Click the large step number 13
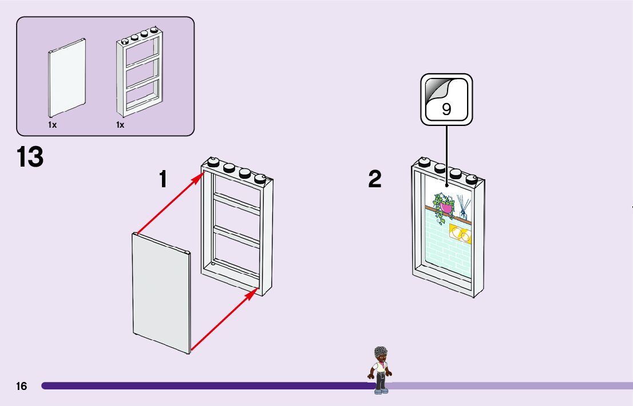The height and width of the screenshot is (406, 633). (x=30, y=157)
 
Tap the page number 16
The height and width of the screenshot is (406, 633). (x=21, y=387)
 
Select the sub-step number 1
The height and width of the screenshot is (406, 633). (x=164, y=179)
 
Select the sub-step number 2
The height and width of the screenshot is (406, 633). (x=375, y=179)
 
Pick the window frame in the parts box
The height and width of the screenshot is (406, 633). (x=139, y=74)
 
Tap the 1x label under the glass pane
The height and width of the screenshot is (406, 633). (x=53, y=125)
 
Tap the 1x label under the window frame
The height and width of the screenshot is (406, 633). (x=120, y=125)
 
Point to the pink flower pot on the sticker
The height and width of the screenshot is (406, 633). (x=446, y=207)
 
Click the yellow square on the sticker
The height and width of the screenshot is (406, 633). (x=461, y=234)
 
